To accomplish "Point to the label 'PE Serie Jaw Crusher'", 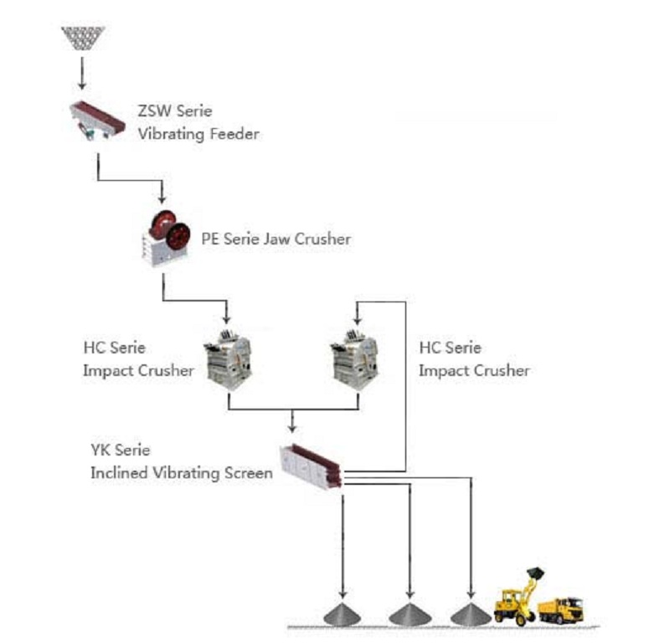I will point(276,240).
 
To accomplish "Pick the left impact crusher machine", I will point(229,358).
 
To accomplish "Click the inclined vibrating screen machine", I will point(311,463).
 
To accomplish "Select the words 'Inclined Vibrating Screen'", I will point(182,473).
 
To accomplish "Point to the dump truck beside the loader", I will point(560,609).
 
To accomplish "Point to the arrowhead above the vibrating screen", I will point(292,425).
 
